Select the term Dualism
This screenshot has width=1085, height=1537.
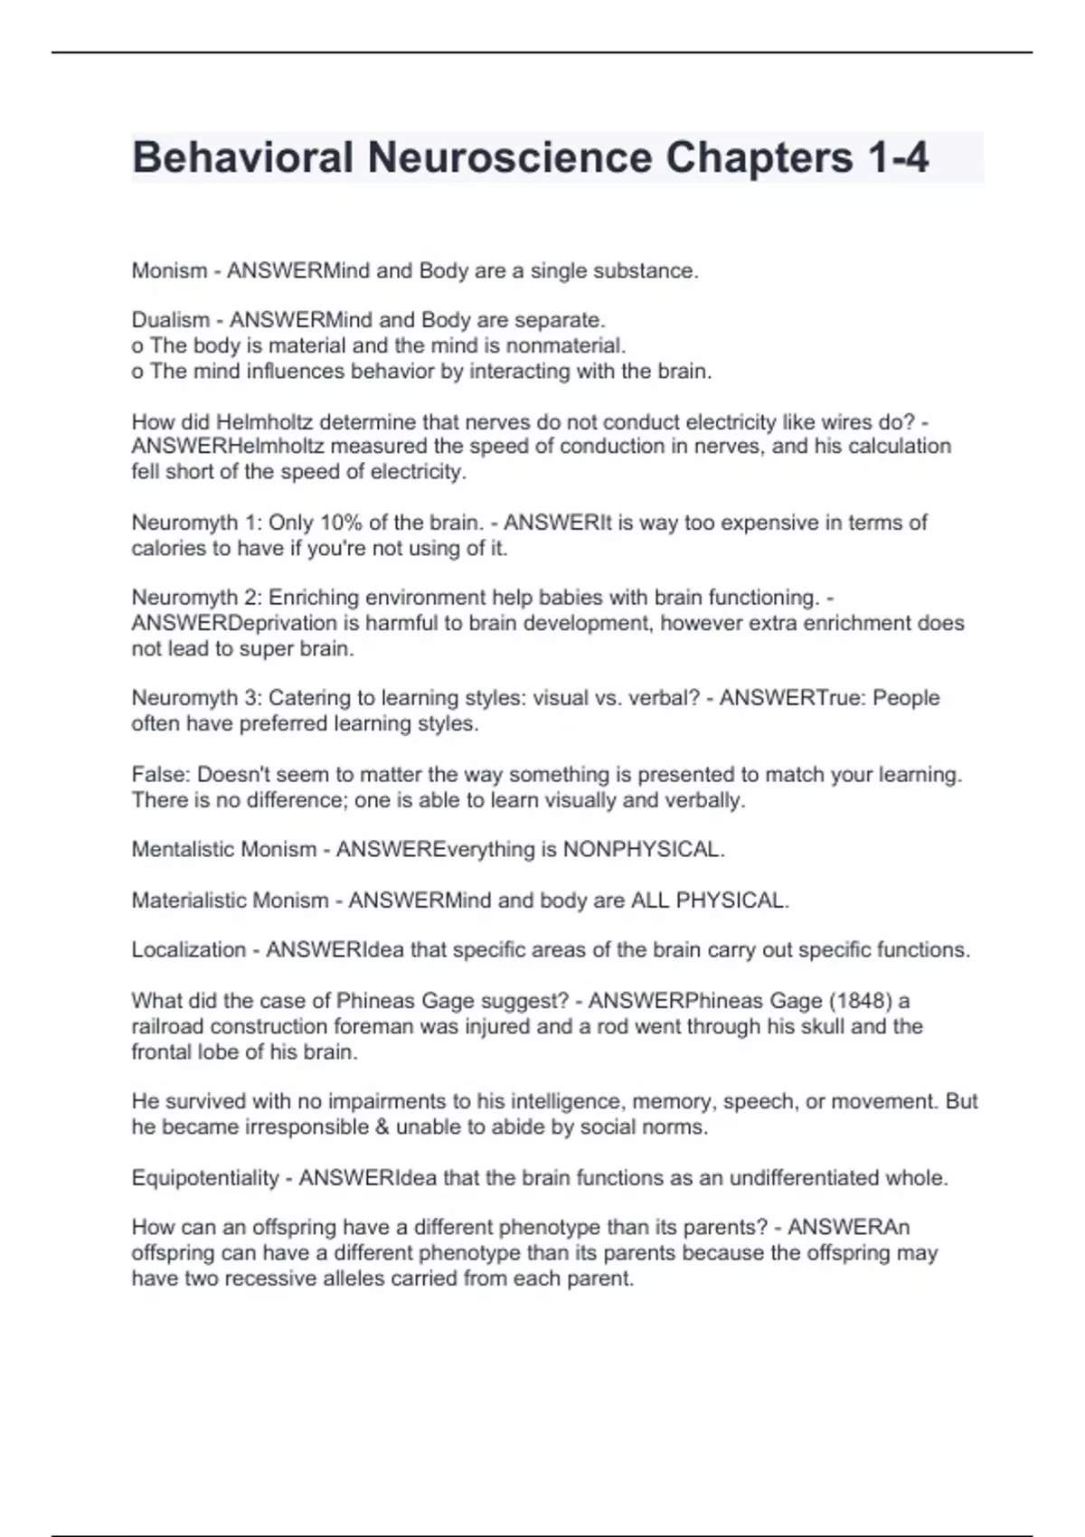[x=170, y=320]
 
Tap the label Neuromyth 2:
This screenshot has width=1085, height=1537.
[x=196, y=598]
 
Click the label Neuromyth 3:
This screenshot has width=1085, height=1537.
[x=196, y=698]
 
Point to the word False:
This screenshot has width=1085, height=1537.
[x=161, y=775]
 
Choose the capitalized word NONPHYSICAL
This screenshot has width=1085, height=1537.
[x=643, y=850]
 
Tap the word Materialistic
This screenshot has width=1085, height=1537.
[x=189, y=901]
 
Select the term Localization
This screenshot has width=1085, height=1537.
[x=188, y=950]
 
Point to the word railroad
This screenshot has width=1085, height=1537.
[x=167, y=1026]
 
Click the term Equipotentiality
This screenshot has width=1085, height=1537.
[x=205, y=1178]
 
